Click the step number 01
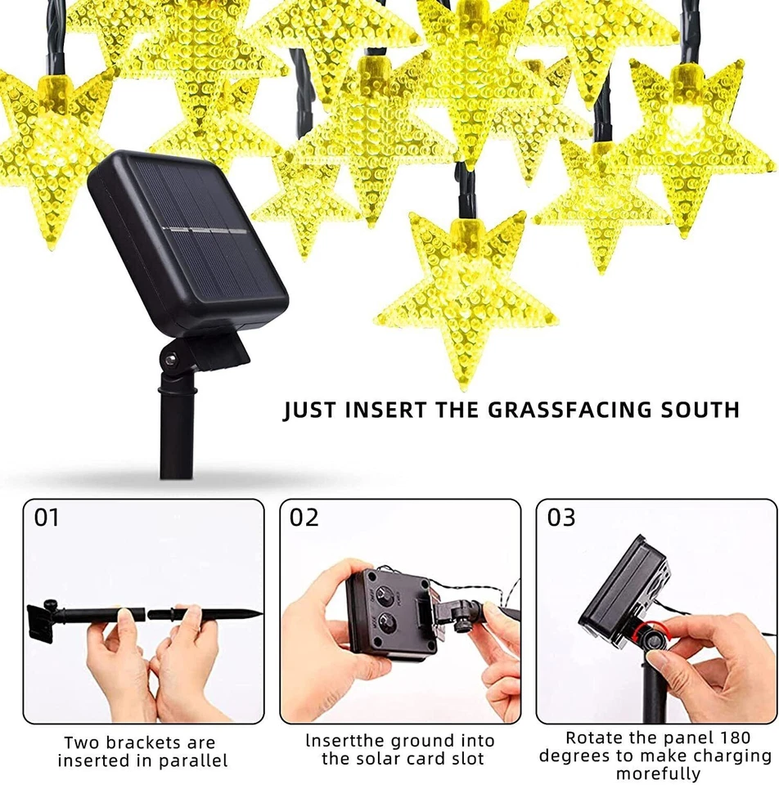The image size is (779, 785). tap(47, 518)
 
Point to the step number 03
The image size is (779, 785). tap(561, 518)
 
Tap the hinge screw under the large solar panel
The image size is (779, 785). tap(170, 360)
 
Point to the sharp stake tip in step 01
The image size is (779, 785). tap(255, 613)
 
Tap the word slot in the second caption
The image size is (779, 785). tap(467, 759)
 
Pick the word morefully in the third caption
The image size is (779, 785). tap(658, 774)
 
